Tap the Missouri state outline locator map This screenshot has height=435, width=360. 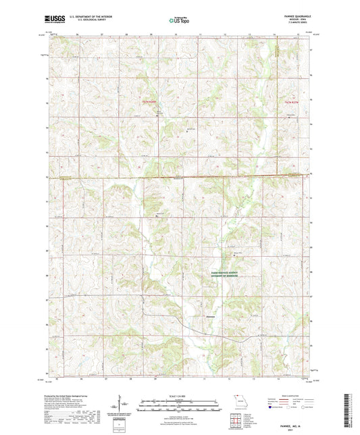pyautogui.click(x=236, y=399)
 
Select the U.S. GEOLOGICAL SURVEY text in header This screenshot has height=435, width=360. pyautogui.click(x=83, y=23)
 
